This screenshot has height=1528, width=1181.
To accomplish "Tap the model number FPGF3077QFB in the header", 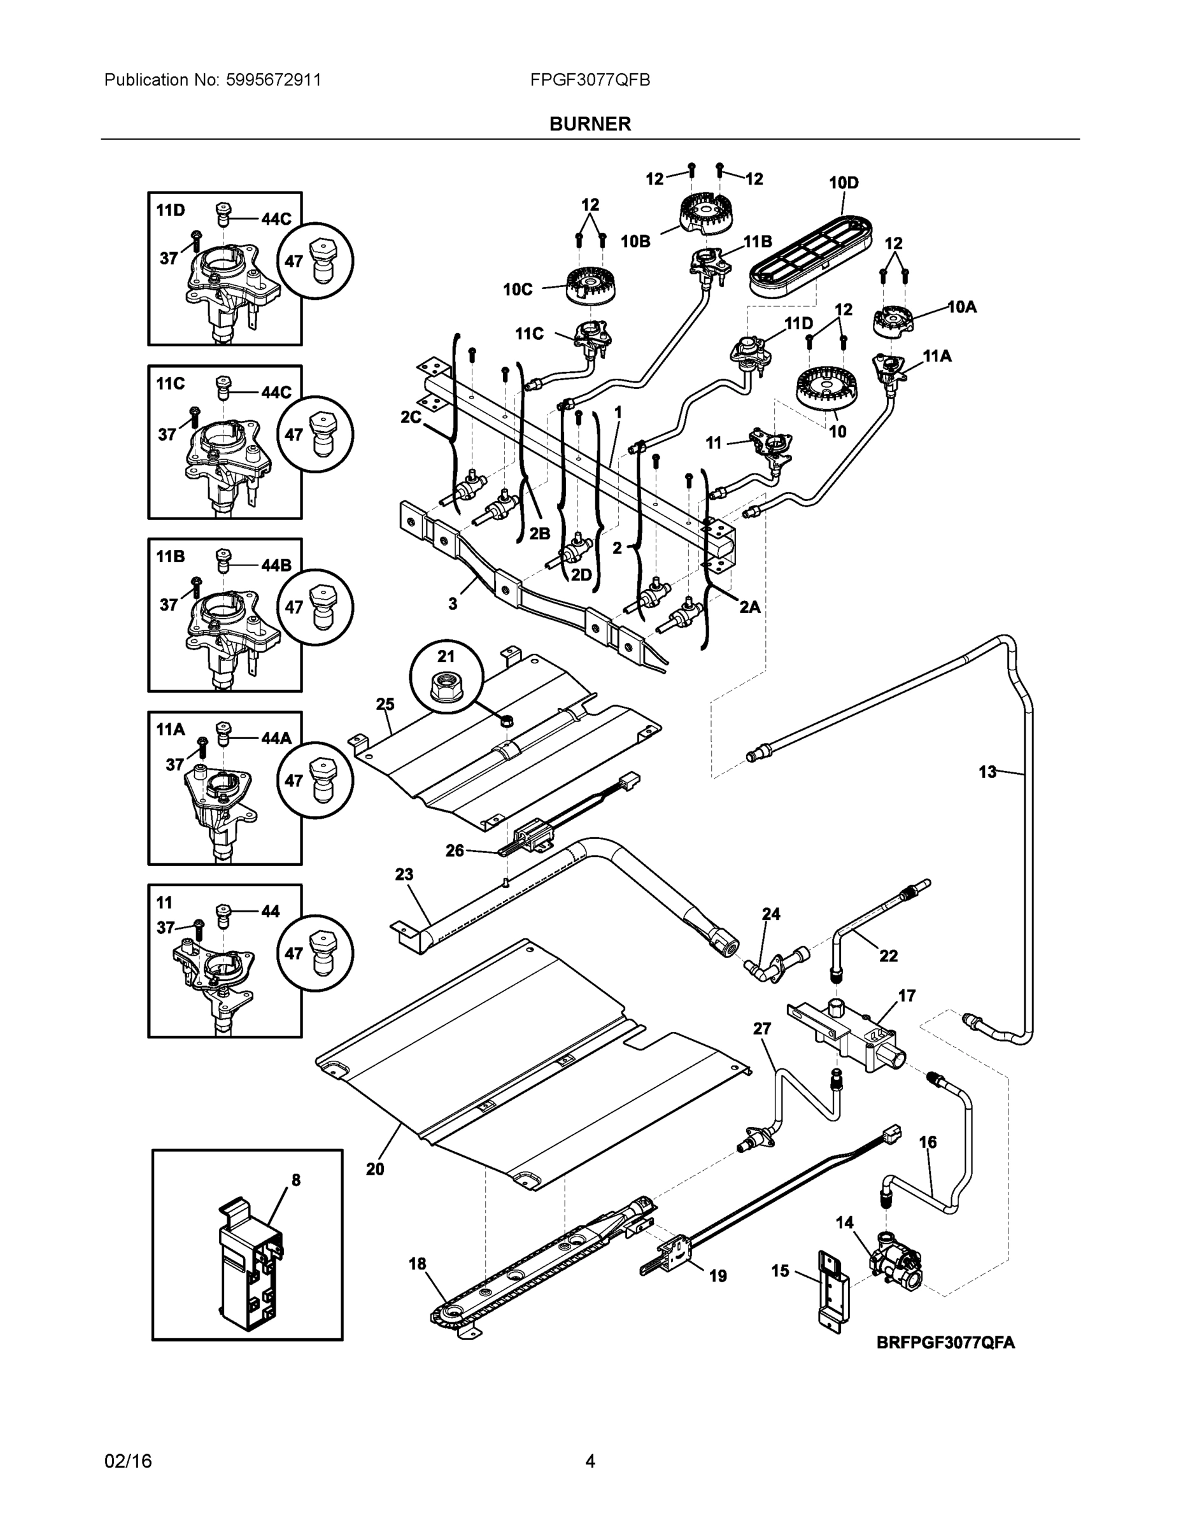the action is (x=590, y=80).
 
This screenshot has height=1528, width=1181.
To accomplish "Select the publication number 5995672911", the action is (x=274, y=80).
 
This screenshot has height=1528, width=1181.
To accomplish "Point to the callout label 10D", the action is (x=844, y=183).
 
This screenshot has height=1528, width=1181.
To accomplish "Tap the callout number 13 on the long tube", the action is (x=987, y=772).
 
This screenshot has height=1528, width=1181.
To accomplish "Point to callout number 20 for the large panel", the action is (x=375, y=1169).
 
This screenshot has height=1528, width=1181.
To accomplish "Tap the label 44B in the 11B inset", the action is (x=276, y=565).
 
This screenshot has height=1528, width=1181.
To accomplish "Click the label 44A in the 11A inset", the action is (x=276, y=737).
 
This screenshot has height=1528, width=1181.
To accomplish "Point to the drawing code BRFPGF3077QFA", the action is (x=946, y=1343).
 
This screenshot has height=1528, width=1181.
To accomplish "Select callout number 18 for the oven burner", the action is (x=418, y=1264).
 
